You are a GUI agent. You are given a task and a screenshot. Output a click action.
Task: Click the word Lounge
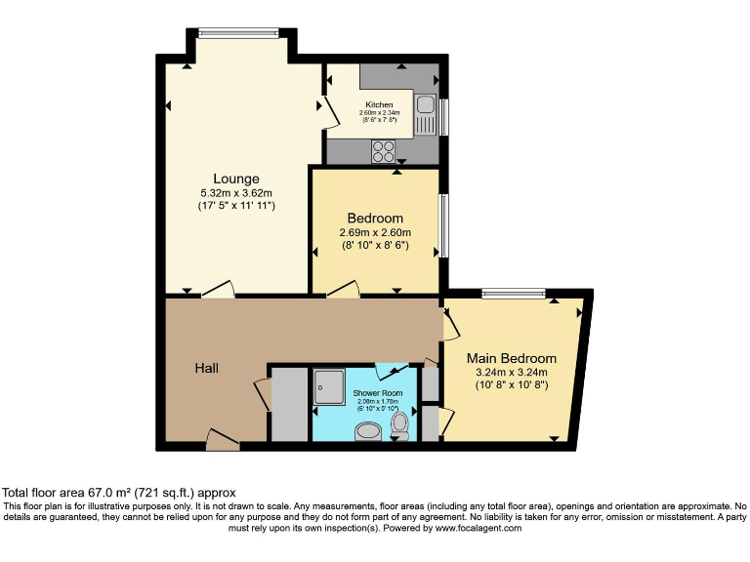click(x=236, y=179)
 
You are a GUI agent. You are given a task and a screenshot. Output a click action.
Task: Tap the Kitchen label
click(x=379, y=104)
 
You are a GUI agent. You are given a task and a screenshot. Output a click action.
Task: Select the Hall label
click(x=206, y=368)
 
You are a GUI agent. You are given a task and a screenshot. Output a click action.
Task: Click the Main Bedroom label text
click(x=511, y=358)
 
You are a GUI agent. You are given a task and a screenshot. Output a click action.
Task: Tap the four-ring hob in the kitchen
click(x=382, y=151)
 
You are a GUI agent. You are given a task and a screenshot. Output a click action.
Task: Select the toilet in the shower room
click(x=399, y=424)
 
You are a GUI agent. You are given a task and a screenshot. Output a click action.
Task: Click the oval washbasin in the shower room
click(x=369, y=430)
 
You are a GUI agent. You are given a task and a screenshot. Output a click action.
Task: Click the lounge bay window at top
click(x=239, y=33)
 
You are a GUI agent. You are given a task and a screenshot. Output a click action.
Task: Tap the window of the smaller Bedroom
click(x=443, y=226)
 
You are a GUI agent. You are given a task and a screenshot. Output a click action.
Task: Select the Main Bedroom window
click(x=513, y=293)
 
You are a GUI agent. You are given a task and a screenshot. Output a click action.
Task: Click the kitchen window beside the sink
click(x=443, y=117)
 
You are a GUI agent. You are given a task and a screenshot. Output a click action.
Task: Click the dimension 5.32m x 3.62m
click(x=236, y=193)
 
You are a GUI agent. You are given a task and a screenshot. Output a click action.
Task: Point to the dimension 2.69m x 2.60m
click(x=375, y=232)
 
